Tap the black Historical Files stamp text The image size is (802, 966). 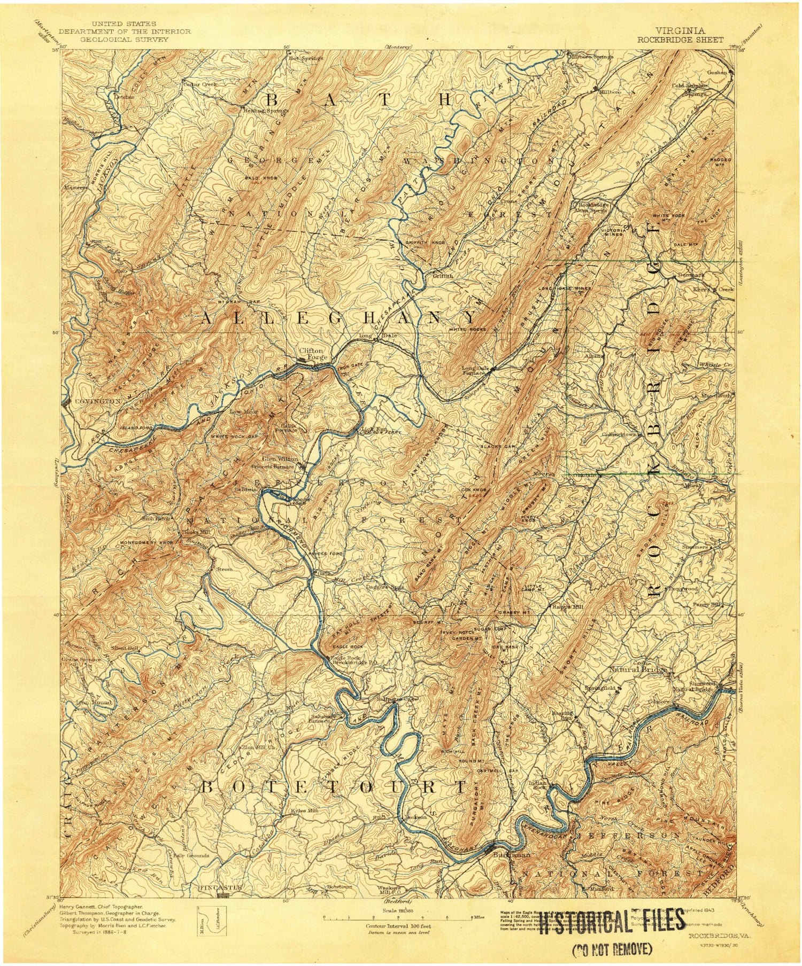(612, 920)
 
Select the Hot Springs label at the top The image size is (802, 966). (306, 58)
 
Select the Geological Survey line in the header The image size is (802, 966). (124, 39)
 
